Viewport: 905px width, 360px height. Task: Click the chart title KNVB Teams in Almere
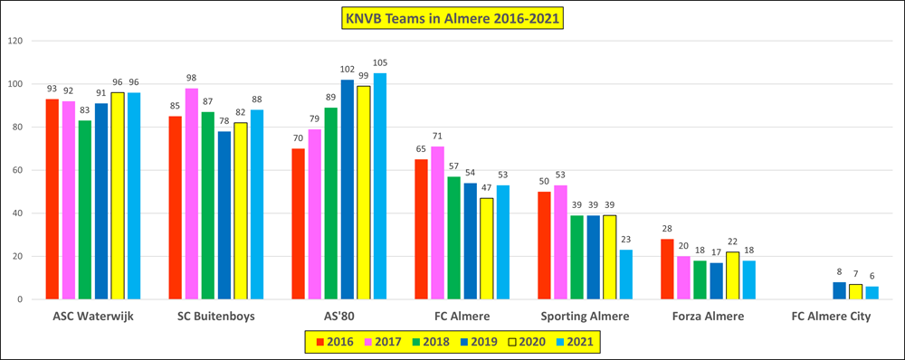tap(452, 19)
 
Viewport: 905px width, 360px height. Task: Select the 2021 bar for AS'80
tap(380, 186)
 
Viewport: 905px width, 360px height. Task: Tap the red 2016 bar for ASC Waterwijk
tap(52, 199)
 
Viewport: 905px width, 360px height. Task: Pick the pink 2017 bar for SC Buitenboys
tap(191, 194)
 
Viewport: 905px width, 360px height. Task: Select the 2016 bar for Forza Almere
tap(667, 270)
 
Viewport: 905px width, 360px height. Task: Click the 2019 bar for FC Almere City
tap(839, 290)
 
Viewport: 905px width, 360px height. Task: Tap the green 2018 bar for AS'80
tap(330, 204)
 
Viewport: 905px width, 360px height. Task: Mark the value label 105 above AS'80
tap(380, 63)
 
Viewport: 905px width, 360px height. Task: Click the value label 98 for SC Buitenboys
tap(191, 78)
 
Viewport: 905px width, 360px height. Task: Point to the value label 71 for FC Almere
tap(437, 137)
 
